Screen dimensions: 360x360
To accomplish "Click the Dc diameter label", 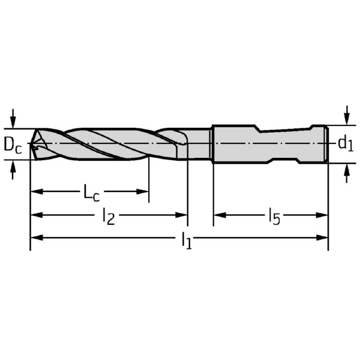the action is (13, 146).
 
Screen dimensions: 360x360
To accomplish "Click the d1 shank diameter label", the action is (346, 145).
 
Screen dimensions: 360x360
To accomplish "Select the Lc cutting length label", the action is (92, 193).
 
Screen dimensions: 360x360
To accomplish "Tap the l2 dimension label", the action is (109, 216).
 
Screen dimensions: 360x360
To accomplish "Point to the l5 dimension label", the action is (275, 216).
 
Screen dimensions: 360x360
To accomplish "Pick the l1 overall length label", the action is (187, 240).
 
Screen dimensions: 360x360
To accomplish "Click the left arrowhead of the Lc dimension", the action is (37, 191).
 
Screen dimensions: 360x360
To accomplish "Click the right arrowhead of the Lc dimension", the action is (142, 191).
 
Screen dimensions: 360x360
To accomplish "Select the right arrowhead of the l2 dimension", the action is (181, 215).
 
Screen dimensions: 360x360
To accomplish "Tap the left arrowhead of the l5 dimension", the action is (220, 215).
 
